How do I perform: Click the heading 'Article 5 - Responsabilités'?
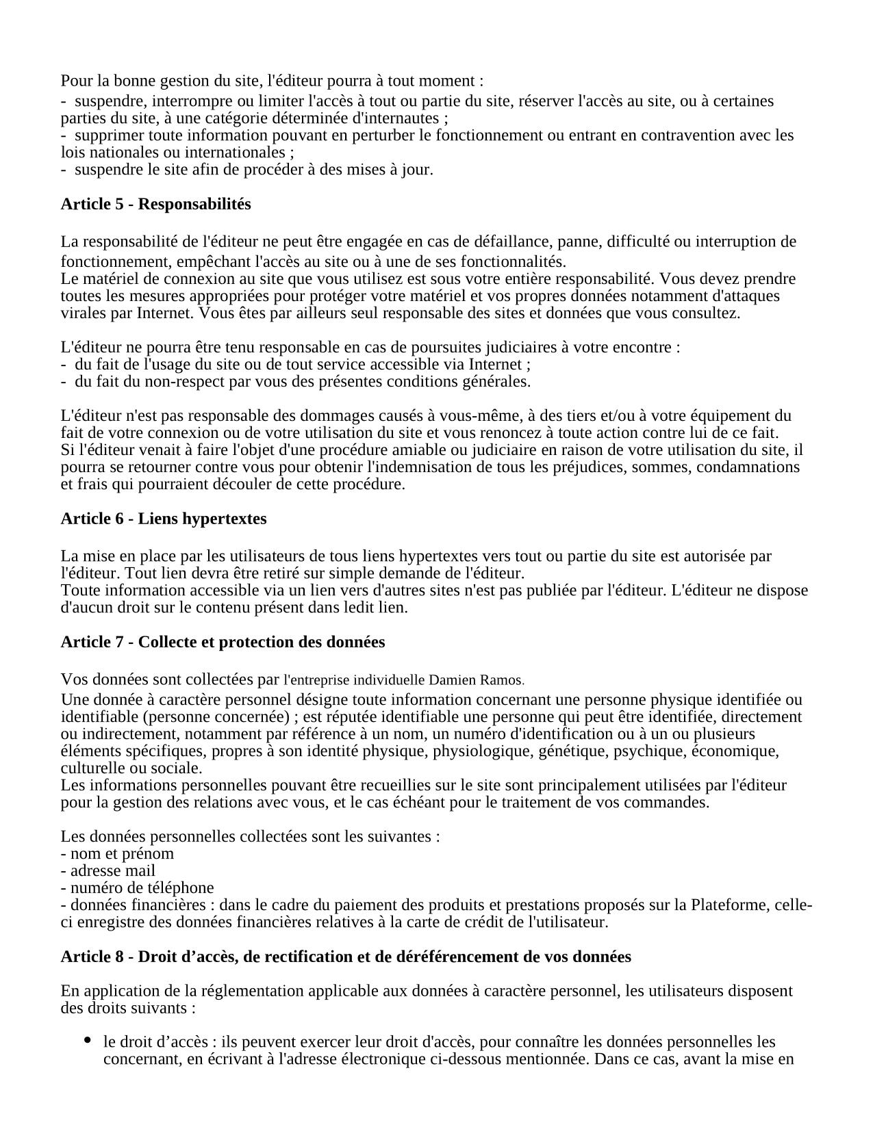(155, 204)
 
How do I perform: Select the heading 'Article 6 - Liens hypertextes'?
(164, 519)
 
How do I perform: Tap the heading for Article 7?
(223, 642)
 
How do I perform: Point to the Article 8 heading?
(346, 957)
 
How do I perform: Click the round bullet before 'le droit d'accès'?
(87, 1040)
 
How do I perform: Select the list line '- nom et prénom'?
(117, 854)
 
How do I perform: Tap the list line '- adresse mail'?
(108, 871)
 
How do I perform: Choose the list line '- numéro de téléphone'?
(137, 888)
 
